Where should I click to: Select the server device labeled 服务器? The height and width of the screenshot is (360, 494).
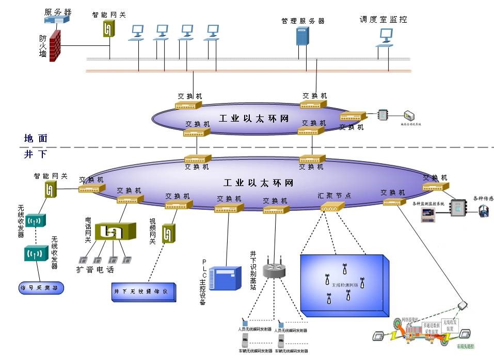coord(57,20)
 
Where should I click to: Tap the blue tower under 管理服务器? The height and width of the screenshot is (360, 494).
coord(302,36)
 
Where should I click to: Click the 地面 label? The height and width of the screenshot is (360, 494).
coord(36,138)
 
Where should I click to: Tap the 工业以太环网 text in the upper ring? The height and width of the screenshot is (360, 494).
coord(253,119)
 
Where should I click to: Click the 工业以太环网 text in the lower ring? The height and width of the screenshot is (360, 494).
coord(259,183)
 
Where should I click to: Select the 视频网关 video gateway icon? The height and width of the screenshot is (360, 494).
coord(168,234)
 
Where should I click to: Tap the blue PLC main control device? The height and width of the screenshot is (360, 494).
coord(228,278)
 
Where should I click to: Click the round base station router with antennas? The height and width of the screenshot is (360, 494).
coord(274,269)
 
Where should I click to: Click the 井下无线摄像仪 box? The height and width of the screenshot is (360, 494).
coord(144,292)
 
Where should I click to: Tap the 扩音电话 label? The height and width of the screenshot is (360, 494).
coord(95,269)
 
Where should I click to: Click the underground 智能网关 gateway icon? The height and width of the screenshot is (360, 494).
coord(50,190)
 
